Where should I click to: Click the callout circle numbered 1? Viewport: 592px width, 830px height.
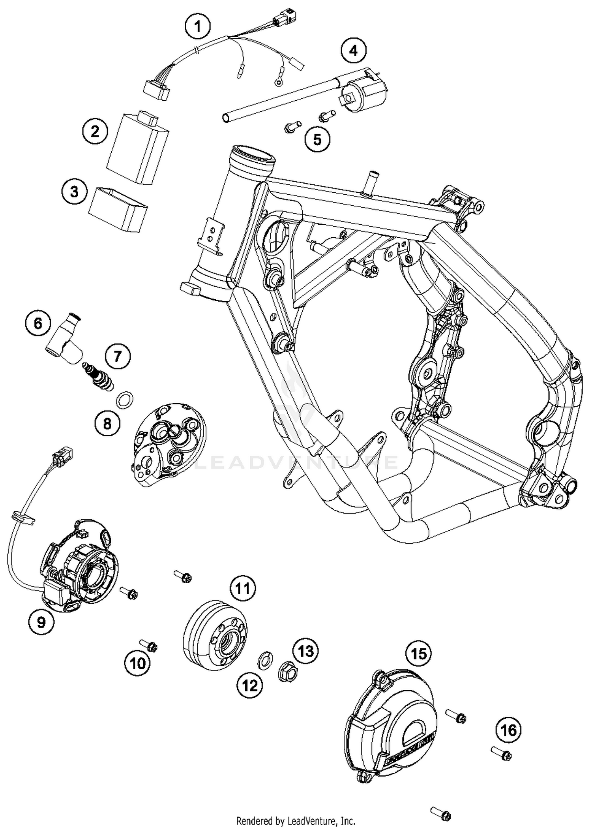point(198,26)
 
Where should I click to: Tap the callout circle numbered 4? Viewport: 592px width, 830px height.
point(354,51)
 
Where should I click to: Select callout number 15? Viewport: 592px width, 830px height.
point(419,654)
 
